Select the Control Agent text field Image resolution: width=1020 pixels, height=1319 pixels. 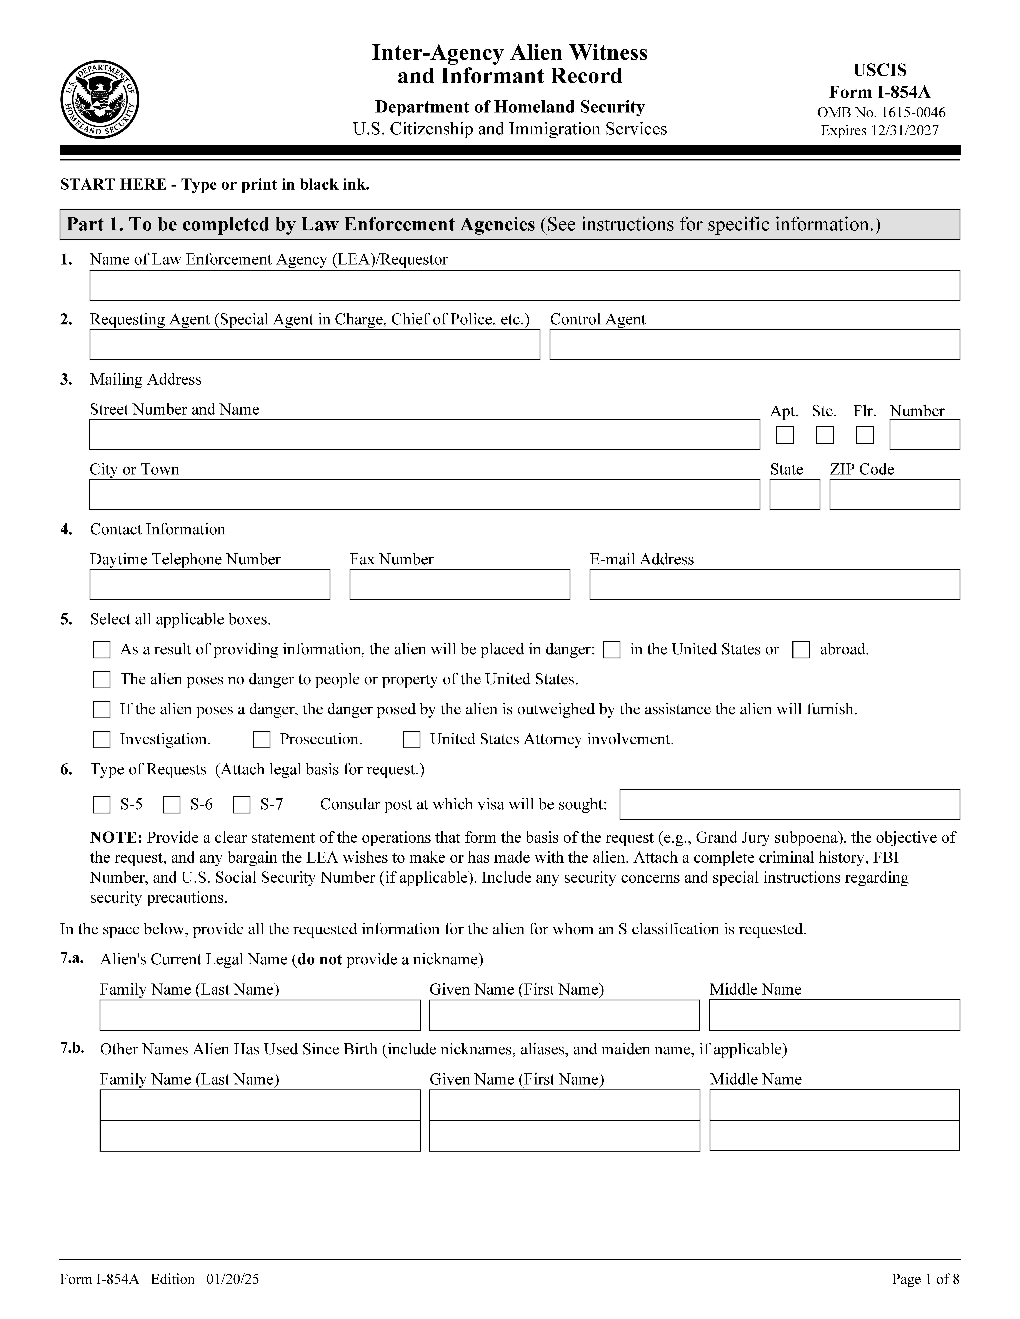point(754,345)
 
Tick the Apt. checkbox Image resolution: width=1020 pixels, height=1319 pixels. point(784,435)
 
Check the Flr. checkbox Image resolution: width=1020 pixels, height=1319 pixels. point(865,435)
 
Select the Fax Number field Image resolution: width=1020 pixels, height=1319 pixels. point(459,585)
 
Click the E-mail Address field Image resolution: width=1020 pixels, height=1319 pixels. point(774,585)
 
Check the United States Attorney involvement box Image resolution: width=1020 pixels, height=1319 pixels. point(412,740)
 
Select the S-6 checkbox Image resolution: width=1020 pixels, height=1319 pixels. point(172,805)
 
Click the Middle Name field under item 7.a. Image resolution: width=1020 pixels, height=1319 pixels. point(834,1015)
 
